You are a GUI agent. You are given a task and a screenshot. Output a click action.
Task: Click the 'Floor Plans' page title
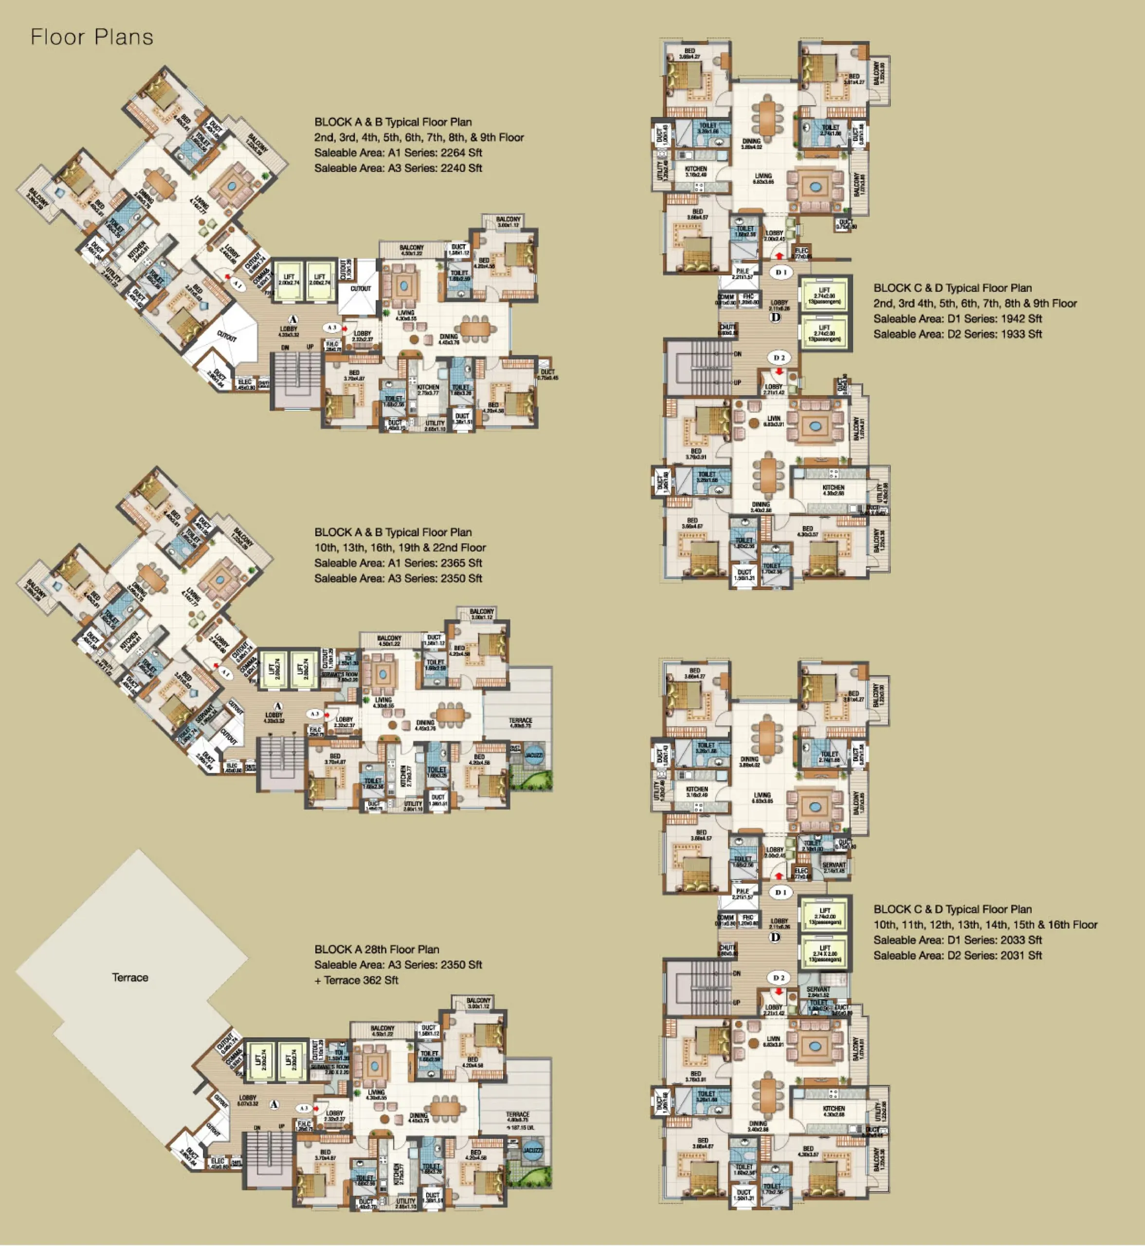91,37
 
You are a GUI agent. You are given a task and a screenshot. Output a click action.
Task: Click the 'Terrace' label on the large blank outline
130,977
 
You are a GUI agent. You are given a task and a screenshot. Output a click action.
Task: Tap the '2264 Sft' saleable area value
461,152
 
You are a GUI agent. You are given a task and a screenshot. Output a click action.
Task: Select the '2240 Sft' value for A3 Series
461,168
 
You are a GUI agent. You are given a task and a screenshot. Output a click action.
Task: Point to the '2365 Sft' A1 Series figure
461,563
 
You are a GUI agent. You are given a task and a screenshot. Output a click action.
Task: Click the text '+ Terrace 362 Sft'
356,980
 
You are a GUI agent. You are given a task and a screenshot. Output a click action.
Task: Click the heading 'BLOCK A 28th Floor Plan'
377,949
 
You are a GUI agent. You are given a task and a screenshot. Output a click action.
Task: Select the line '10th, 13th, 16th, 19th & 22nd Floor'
400,548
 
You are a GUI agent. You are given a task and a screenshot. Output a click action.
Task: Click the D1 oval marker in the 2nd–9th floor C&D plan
781,272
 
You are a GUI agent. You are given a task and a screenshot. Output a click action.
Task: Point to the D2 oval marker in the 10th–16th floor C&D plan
780,978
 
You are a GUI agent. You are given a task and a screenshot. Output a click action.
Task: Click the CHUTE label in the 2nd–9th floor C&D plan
727,329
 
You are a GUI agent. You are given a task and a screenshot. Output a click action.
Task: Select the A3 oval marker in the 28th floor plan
304,1108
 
